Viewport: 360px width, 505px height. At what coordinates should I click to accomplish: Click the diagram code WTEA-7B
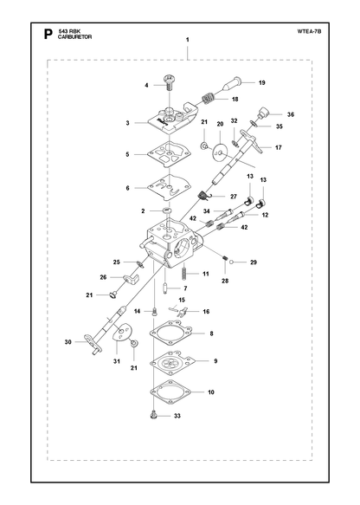point(309,31)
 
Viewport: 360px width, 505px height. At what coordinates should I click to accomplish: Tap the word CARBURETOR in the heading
point(75,37)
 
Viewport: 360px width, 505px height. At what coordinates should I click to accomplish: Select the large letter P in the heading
point(48,34)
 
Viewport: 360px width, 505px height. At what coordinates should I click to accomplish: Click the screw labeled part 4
point(169,83)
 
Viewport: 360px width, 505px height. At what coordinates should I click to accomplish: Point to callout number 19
point(262,83)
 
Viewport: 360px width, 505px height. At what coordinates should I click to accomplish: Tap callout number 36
point(291,114)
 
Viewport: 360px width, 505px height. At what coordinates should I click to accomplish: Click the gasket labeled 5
point(169,154)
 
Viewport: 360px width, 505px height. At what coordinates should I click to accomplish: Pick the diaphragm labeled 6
point(169,188)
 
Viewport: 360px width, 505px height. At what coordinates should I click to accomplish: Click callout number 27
point(234,197)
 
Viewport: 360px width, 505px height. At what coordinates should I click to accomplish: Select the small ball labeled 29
point(232,262)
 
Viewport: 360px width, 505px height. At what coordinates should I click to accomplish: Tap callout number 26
point(103,277)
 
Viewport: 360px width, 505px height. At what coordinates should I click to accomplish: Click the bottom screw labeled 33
point(154,415)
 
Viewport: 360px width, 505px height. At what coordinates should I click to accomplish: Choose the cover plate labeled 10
point(170,392)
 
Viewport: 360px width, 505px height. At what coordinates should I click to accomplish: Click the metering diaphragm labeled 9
point(170,362)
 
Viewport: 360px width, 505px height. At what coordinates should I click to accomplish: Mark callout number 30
point(67,341)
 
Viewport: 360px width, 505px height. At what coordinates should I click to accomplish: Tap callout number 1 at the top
point(187,40)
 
